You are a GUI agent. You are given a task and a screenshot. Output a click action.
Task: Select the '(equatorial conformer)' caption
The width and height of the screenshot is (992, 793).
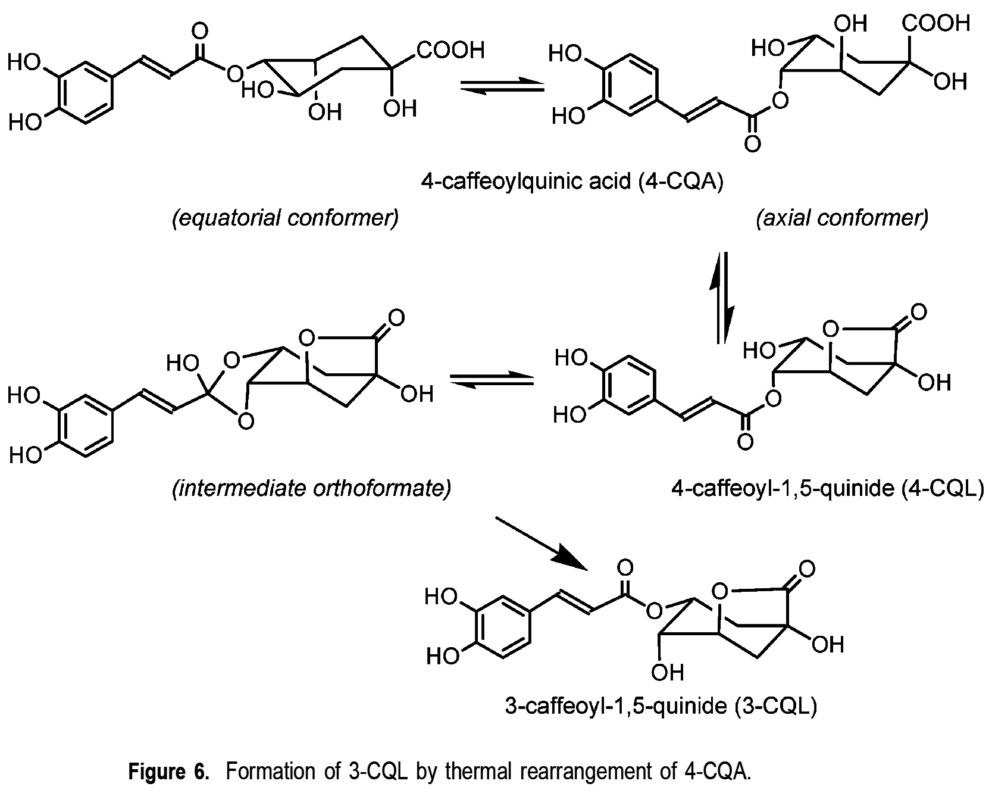[285, 218]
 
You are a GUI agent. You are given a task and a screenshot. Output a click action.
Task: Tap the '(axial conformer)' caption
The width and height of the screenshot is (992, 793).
[842, 218]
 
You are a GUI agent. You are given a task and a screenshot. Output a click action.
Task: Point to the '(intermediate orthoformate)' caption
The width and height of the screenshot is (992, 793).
[311, 489]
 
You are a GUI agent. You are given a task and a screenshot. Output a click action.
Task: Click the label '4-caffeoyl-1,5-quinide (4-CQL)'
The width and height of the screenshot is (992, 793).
[827, 489]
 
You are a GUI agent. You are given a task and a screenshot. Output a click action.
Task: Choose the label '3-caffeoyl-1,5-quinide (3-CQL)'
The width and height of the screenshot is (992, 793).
[661, 706]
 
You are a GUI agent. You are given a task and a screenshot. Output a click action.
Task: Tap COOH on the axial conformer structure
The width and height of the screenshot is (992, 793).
[936, 23]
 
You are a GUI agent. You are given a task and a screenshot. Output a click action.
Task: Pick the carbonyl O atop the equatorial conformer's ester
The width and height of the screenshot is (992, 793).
[201, 31]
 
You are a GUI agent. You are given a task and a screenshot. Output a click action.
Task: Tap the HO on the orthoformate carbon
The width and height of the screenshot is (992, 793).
[181, 363]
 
